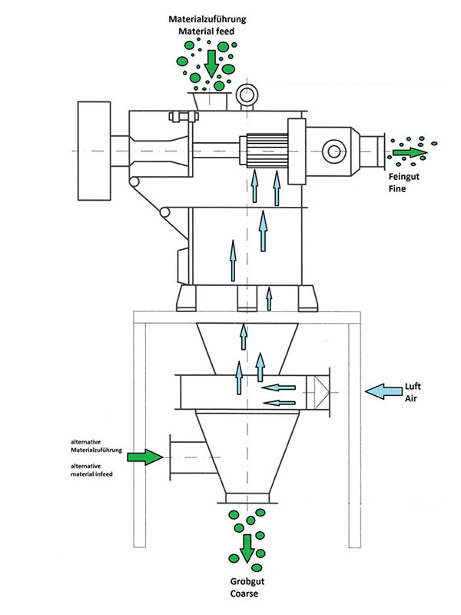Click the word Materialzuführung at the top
pos(207,19)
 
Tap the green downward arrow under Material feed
pos(211,64)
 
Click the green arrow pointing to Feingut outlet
pos(410,152)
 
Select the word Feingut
pos(404,177)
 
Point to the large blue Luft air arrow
pos(383,391)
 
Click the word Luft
pos(413,387)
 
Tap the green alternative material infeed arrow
pos(145,457)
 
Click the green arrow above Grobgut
pos(247,548)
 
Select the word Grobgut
pos(247,582)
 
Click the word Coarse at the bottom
pos(244,593)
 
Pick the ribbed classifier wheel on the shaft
pos(266,151)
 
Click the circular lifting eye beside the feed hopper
pos(247,95)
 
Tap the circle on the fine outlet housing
pos(334,151)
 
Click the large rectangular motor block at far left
pos(94,151)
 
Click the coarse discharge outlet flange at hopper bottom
pos(247,498)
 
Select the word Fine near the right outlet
pos(397,188)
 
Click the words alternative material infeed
pos(91,470)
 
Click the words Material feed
pos(206,32)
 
